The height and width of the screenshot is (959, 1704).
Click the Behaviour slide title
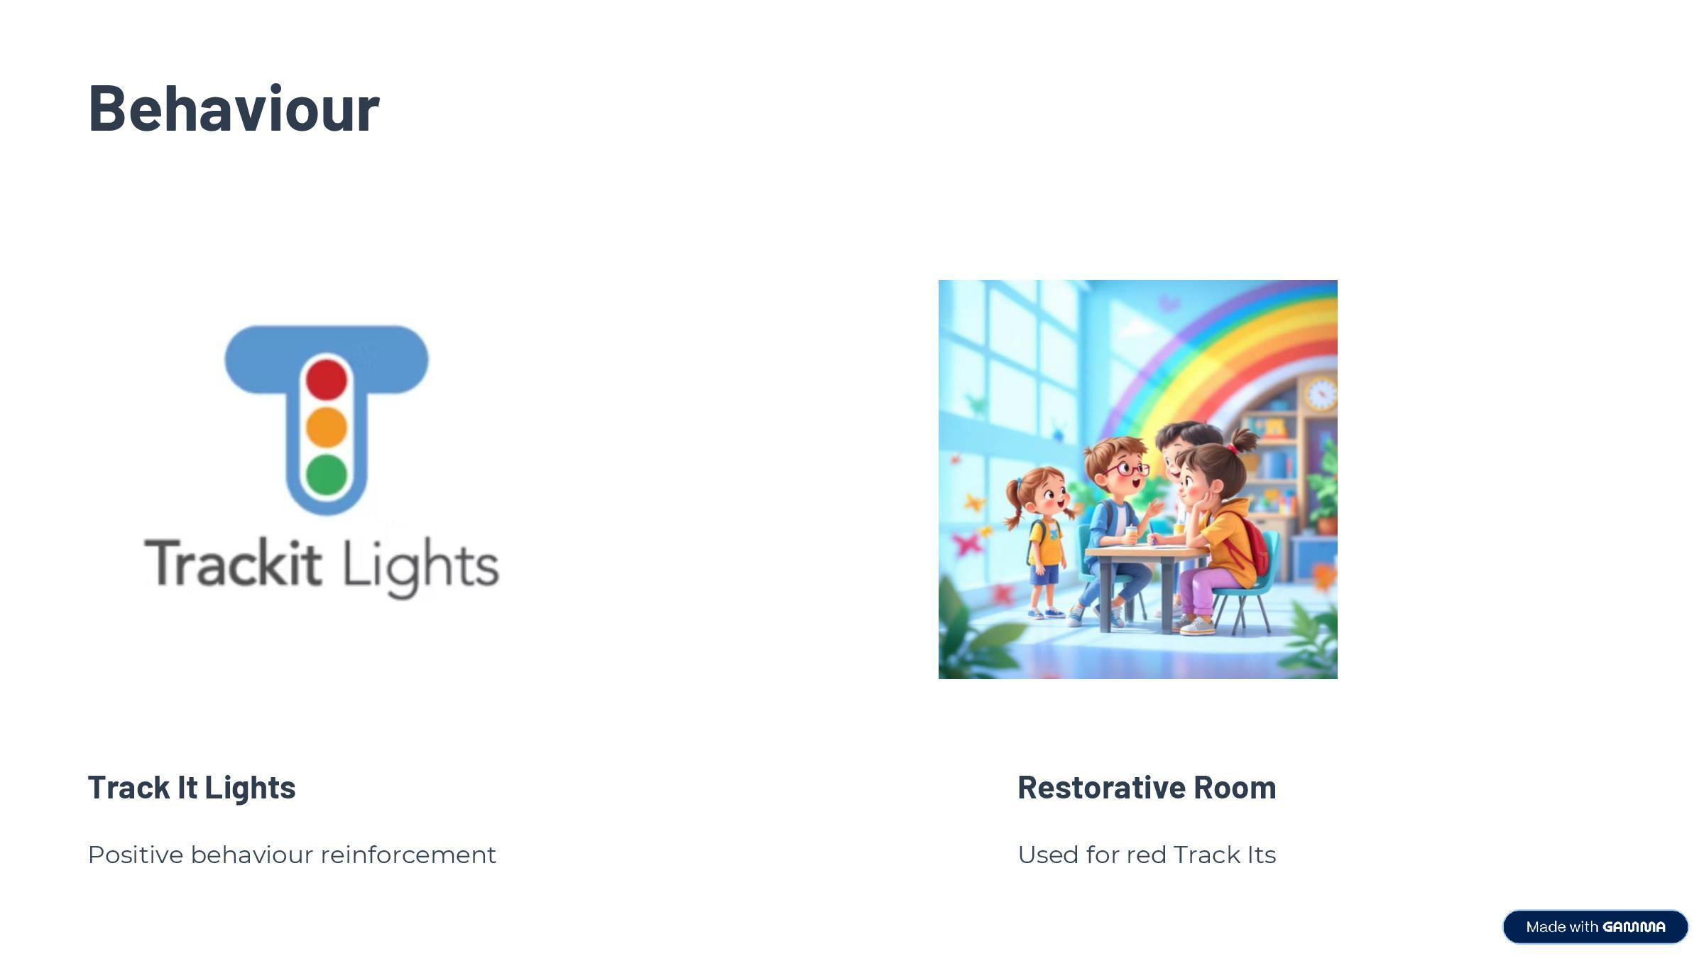tap(234, 108)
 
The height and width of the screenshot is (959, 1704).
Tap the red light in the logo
tap(327, 379)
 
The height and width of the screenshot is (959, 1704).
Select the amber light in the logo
tap(327, 427)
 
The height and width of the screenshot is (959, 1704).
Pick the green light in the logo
tap(327, 474)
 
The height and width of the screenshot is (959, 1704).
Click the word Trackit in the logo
tap(234, 563)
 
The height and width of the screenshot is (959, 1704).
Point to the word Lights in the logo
tap(421, 568)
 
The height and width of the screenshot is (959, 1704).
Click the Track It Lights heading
tap(192, 787)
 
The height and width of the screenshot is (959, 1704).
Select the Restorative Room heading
tap(1147, 787)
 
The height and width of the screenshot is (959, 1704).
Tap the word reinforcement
tap(408, 855)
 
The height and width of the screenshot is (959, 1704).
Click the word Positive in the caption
tap(136, 855)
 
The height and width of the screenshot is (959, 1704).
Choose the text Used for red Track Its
tap(1147, 855)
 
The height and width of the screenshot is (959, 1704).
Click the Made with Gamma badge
tap(1595, 926)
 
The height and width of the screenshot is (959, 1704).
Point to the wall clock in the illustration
tap(1320, 394)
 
